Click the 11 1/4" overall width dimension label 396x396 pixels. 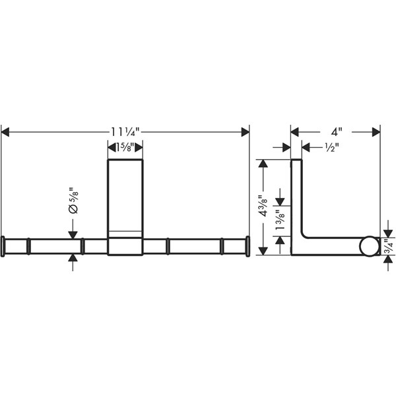[125, 132]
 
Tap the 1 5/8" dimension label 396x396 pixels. [125, 147]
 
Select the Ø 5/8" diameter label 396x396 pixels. [73, 201]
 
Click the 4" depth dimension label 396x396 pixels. [337, 132]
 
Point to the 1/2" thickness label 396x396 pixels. [331, 147]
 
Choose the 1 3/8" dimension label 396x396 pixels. [280, 220]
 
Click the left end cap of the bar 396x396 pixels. [3, 246]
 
